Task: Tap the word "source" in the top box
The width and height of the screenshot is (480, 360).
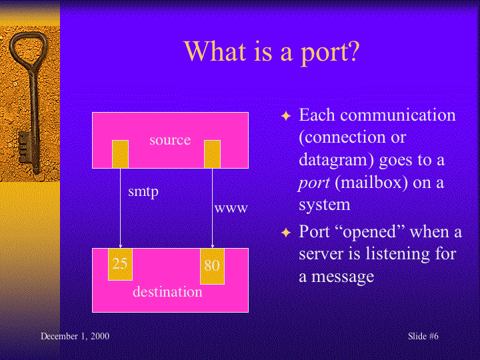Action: (170, 140)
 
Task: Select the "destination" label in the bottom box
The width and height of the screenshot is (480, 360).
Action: (167, 292)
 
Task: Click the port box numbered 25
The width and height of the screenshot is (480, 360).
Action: (120, 264)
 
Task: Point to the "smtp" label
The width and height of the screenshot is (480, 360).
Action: (143, 191)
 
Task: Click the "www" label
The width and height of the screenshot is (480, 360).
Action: (231, 208)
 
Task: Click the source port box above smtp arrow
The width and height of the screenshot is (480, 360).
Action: (120, 153)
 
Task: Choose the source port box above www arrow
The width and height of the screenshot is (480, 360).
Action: (212, 153)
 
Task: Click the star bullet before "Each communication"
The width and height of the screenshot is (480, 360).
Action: (286, 116)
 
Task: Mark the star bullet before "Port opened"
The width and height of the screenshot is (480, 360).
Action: (286, 233)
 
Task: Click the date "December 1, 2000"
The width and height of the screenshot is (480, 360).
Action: (75, 336)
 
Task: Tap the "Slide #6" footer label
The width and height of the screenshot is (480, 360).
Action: (423, 336)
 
